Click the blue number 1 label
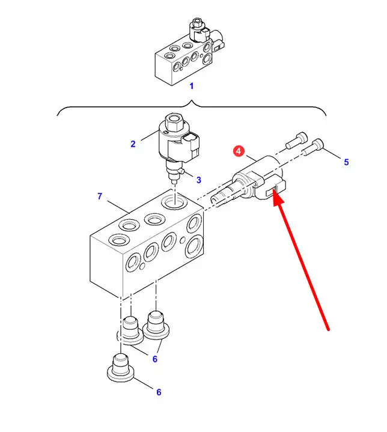pos(192,85)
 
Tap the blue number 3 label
pos(198,179)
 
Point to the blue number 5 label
pos(346,162)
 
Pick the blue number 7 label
pos(100,196)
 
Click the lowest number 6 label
pos(159,392)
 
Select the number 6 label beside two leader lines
pos(154,359)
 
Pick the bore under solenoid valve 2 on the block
pos(173,201)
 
